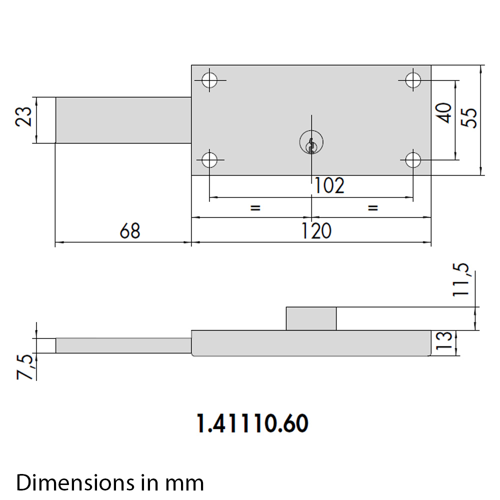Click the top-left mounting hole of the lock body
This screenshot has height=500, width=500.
(209, 80)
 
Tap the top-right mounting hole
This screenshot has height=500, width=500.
(413, 80)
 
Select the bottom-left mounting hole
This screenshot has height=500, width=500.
(209, 160)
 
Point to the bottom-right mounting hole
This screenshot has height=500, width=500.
(413, 160)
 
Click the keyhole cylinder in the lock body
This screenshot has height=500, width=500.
(311, 142)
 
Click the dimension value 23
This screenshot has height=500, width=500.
(24, 116)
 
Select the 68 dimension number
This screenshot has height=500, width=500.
(130, 231)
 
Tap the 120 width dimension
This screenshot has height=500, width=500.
(316, 231)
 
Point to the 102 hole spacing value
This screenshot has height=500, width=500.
(329, 185)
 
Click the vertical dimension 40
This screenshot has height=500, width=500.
(444, 113)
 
